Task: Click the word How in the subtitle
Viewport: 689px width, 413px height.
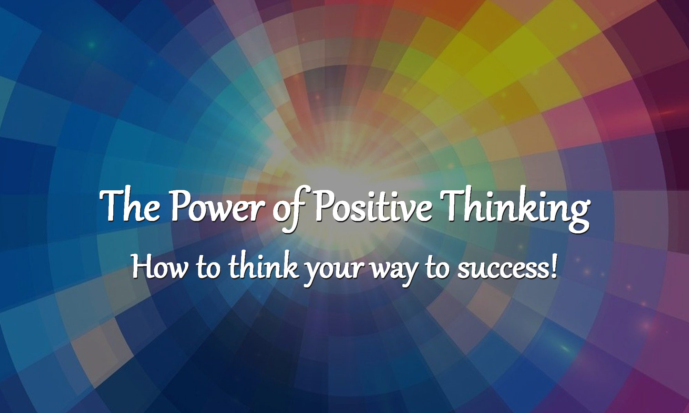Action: click(x=160, y=266)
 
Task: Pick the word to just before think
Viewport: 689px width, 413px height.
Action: click(x=208, y=268)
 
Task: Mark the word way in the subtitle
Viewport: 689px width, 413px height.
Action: click(x=394, y=272)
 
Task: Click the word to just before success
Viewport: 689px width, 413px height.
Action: click(x=438, y=268)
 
